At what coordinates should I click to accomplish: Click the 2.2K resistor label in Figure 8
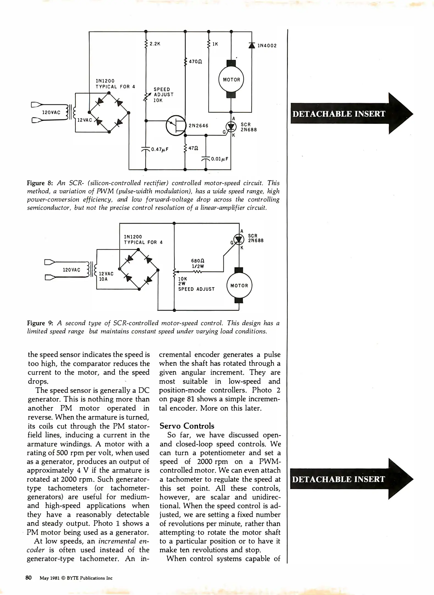(x=155, y=44)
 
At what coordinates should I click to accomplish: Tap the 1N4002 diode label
(x=267, y=46)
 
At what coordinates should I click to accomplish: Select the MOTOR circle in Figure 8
(x=231, y=80)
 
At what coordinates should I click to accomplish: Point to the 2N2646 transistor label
(x=198, y=126)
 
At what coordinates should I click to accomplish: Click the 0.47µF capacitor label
(x=160, y=150)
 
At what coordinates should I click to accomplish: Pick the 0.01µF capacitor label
(x=219, y=159)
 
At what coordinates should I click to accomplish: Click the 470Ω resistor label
(x=196, y=62)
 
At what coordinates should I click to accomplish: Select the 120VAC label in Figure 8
(x=51, y=112)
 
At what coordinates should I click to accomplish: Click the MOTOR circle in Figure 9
(x=239, y=286)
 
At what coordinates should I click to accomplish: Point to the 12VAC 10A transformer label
(x=106, y=276)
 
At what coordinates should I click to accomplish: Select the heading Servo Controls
(x=187, y=426)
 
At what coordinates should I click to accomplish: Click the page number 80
(x=28, y=578)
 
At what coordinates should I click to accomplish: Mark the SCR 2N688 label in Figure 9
(x=256, y=238)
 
